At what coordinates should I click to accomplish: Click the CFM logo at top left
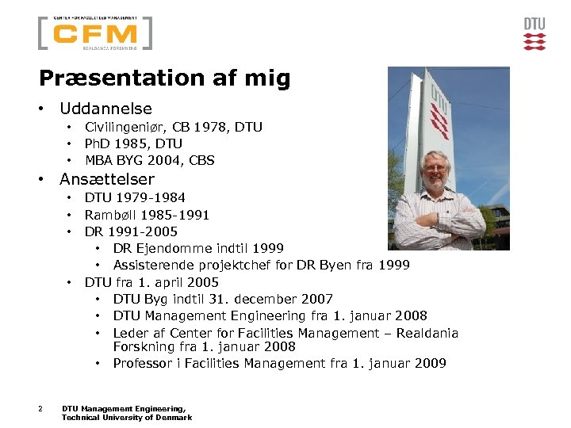[x=95, y=33]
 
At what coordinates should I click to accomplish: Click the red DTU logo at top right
[x=535, y=34]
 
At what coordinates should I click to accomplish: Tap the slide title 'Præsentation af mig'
[x=165, y=78]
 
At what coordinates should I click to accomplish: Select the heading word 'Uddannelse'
[x=105, y=109]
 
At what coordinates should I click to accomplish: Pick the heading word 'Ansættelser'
[x=107, y=179]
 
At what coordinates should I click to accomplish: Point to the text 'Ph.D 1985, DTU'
[x=133, y=143]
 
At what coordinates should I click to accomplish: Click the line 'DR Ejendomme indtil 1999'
[x=198, y=249]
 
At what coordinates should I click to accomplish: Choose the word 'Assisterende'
[x=151, y=266]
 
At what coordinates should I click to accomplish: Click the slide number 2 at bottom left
[x=40, y=409]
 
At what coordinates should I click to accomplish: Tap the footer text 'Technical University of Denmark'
[x=127, y=418]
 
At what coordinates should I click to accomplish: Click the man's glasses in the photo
[x=435, y=167]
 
